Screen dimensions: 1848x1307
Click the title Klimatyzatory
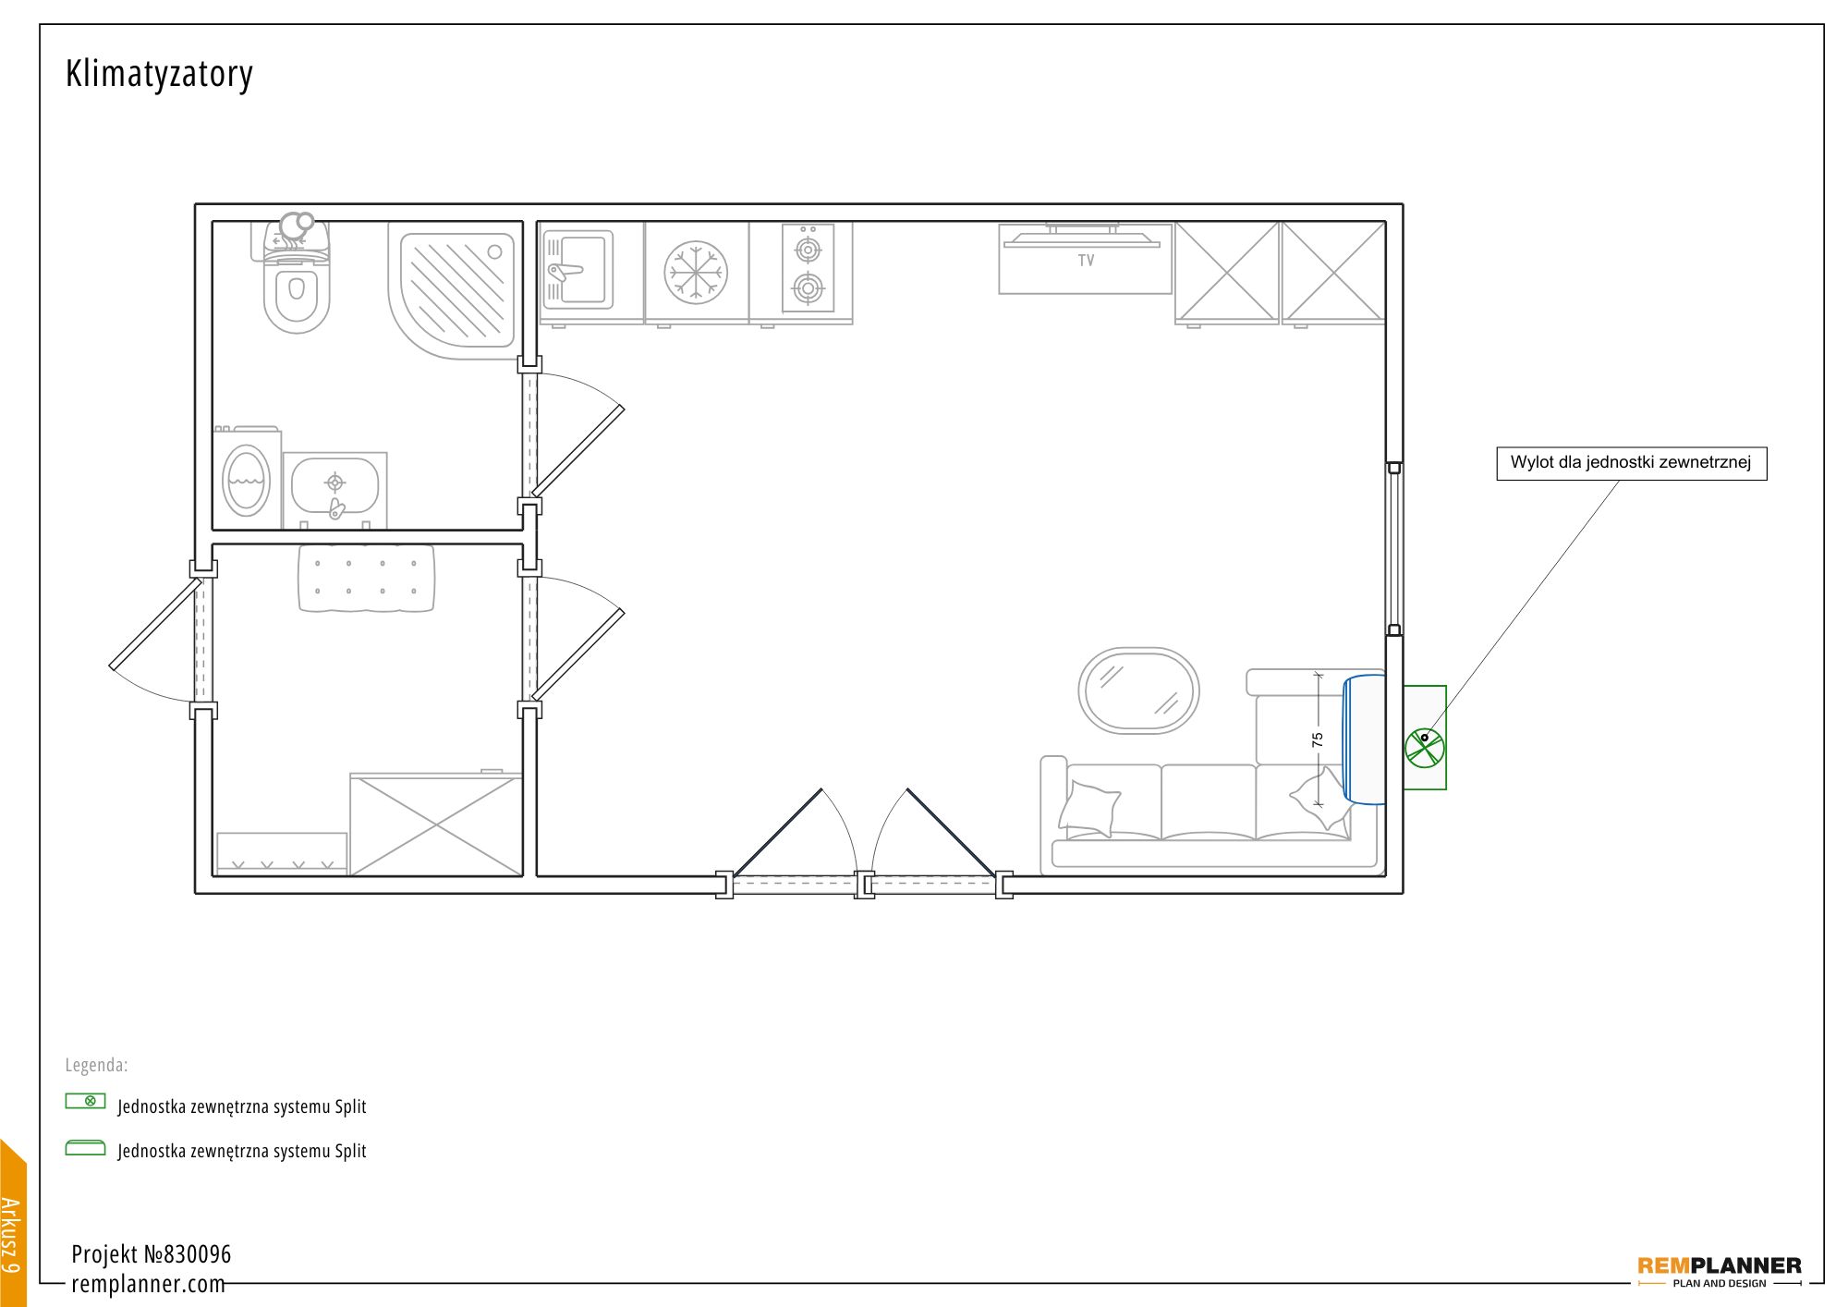click(159, 74)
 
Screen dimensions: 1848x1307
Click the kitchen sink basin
click(577, 269)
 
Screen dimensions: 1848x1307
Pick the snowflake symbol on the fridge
click(696, 273)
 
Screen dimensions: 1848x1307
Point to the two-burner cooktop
click(808, 268)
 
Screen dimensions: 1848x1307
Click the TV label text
click(1086, 261)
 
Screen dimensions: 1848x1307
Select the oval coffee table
click(1138, 690)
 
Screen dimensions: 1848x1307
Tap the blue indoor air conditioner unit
click(1364, 739)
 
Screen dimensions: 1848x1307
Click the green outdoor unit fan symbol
click(1425, 746)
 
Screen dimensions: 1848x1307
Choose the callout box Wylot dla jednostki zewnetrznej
click(1631, 463)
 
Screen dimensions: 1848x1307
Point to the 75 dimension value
click(1318, 739)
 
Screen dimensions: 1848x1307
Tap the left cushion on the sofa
click(1089, 807)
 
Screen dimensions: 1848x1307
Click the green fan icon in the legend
click(86, 1101)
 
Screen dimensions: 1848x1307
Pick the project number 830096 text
click(152, 1254)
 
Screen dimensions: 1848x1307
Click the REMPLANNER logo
click(1719, 1270)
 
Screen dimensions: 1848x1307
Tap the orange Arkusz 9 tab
click(13, 1222)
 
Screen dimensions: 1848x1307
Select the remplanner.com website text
click(148, 1285)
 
